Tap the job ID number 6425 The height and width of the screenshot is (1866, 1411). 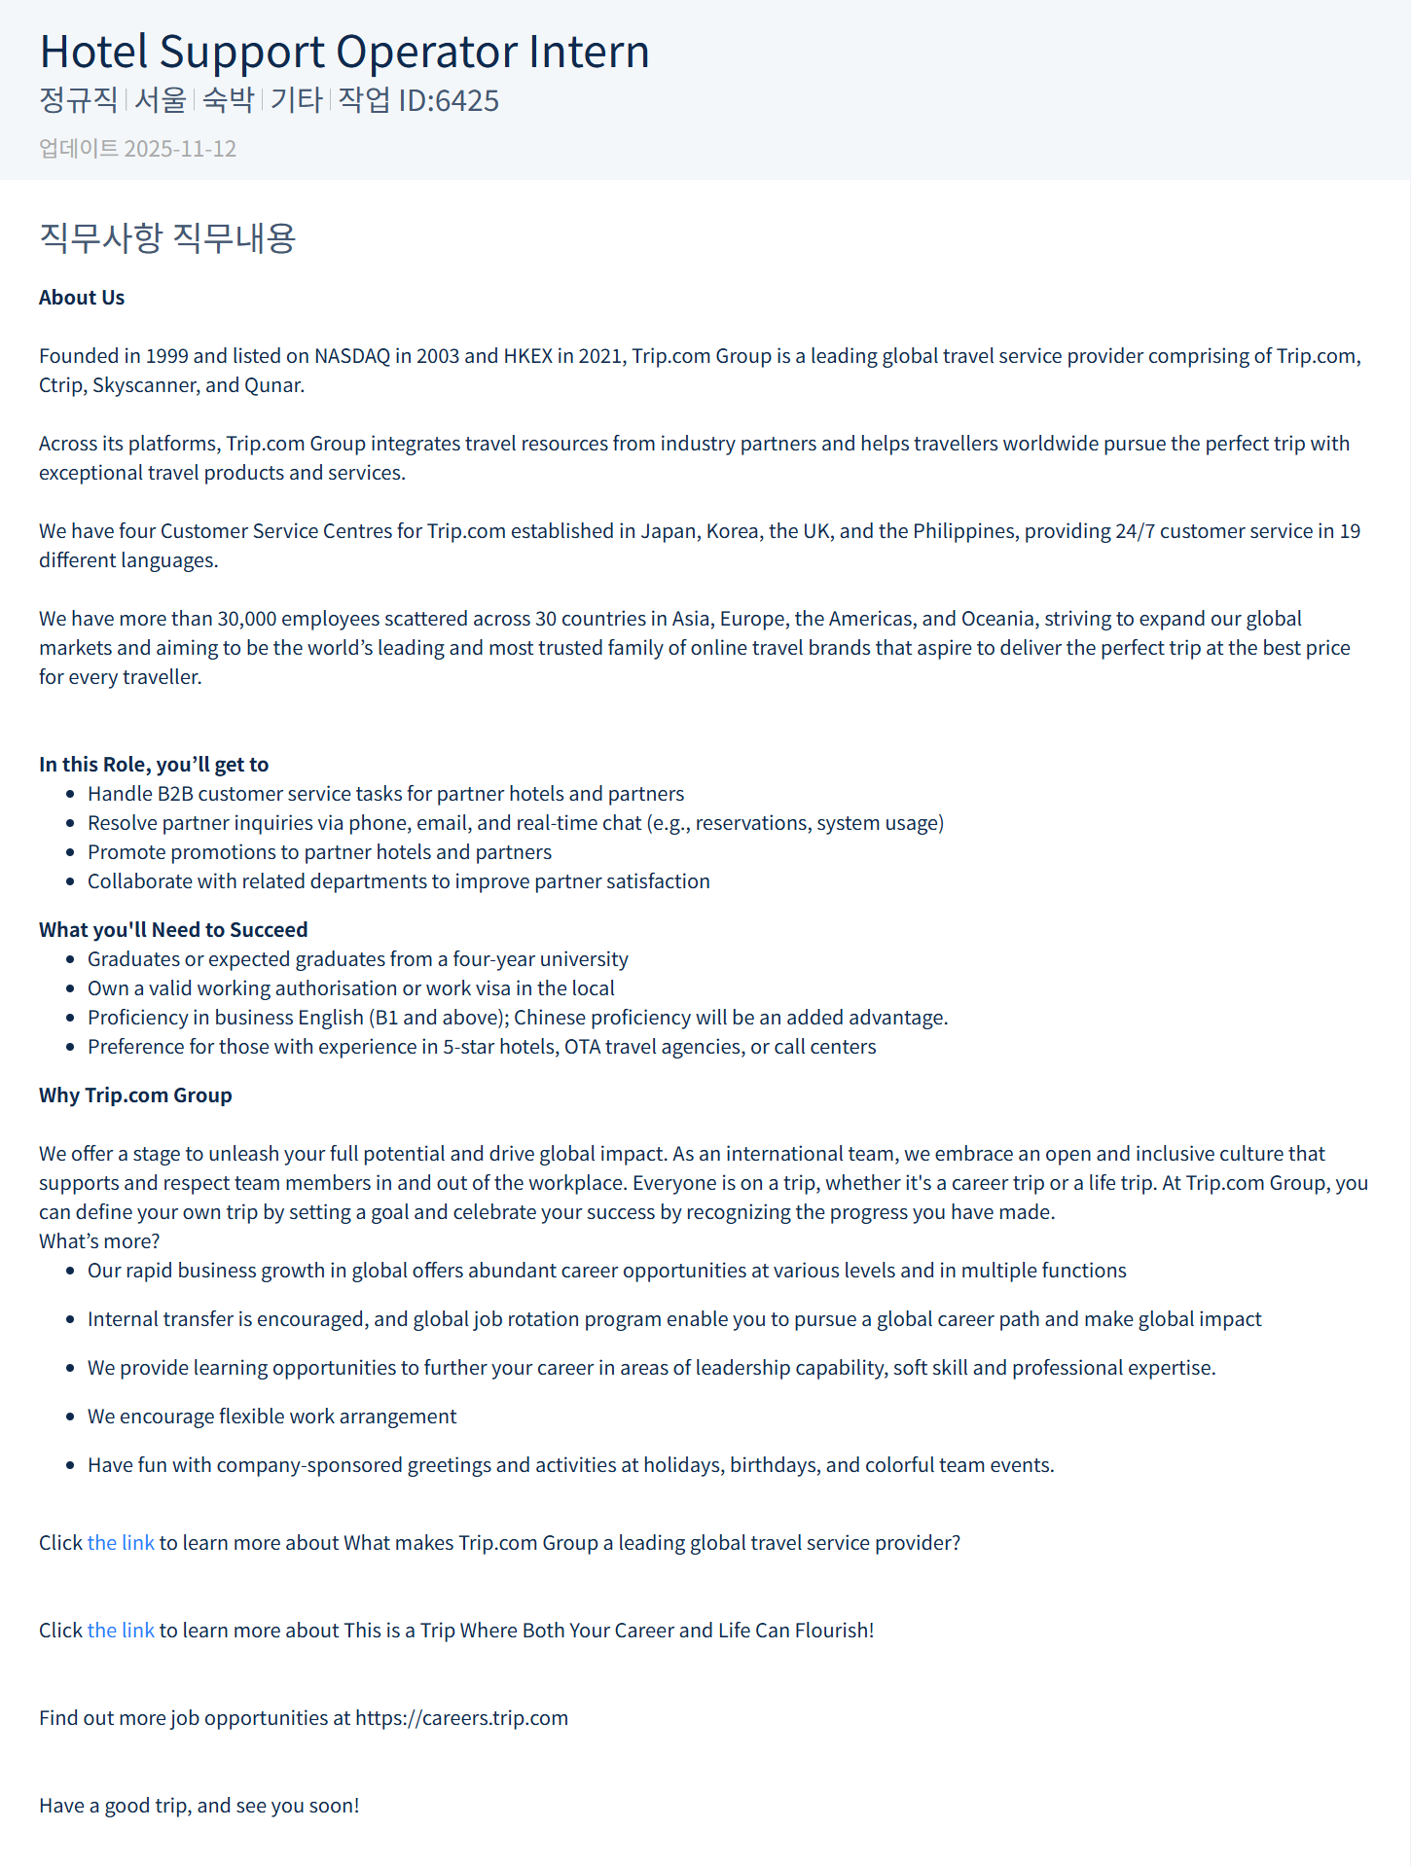(467, 101)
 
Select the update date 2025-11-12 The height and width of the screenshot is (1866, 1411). (180, 149)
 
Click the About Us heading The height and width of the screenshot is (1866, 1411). (82, 298)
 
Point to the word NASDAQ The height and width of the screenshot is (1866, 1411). (351, 356)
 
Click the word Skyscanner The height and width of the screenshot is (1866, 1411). (145, 385)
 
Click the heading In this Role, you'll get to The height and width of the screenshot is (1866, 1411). (154, 765)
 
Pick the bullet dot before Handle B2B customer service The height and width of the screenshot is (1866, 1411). (70, 795)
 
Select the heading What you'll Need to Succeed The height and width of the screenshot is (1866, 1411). (173, 930)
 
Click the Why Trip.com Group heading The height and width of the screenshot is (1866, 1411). (135, 1095)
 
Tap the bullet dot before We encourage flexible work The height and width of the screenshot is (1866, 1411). (70, 1417)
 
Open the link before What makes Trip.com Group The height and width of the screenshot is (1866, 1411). (121, 1543)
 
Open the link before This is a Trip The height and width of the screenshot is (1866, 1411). (121, 1631)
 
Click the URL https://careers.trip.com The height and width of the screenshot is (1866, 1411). (461, 1718)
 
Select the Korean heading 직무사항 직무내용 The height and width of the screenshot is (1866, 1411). (167, 238)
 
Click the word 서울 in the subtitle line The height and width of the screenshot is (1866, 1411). (161, 100)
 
